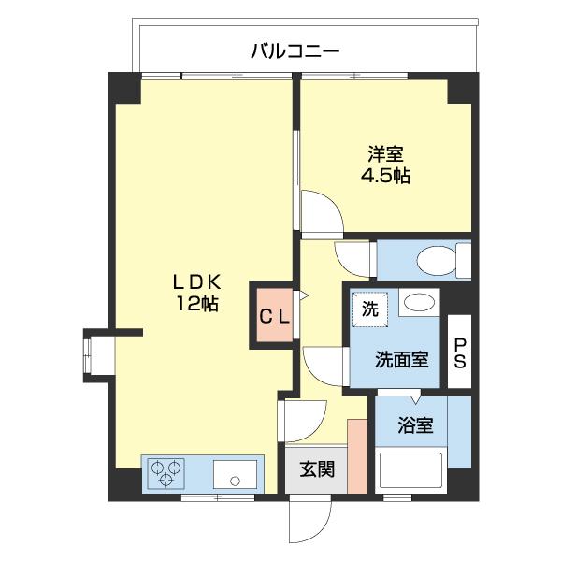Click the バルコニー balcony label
tap(294, 50)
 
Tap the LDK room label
tap(195, 280)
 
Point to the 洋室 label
tap(384, 153)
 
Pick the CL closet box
tap(275, 315)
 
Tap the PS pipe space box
tap(459, 352)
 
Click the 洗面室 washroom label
tap(402, 360)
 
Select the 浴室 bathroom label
tap(416, 425)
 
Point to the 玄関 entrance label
tap(317, 470)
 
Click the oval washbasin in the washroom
tap(420, 303)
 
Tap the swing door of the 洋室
tap(322, 212)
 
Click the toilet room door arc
tap(354, 257)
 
